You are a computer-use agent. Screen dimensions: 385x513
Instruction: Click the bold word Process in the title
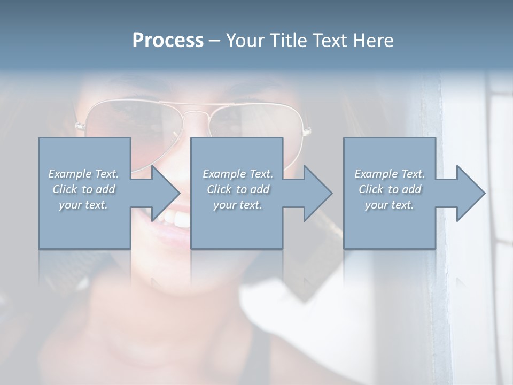point(168,41)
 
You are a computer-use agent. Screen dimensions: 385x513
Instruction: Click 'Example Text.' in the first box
point(83,174)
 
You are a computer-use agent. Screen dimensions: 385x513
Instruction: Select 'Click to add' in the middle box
point(238,189)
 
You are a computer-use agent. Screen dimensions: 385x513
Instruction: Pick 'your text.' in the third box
point(389,205)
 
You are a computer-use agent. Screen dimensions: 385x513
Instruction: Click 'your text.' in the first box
point(83,205)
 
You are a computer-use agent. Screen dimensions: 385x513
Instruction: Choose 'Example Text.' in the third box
point(390,174)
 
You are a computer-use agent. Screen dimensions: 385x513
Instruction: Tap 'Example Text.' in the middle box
point(238,174)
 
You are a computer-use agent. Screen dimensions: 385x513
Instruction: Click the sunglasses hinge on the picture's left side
point(80,126)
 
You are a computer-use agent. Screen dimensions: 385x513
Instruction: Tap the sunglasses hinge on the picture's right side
point(306,130)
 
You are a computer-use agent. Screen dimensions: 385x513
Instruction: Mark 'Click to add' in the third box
point(390,189)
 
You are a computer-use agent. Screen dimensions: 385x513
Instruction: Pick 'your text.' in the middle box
point(238,205)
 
